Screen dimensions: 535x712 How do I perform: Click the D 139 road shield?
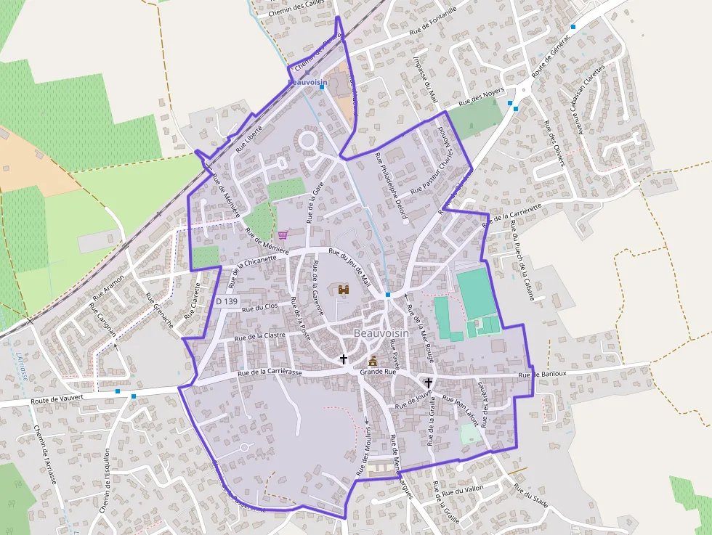227,301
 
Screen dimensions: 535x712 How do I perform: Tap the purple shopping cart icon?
283,234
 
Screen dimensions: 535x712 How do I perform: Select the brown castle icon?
344,290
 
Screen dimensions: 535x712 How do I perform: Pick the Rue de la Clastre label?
259,336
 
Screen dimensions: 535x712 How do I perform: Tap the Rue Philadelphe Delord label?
391,186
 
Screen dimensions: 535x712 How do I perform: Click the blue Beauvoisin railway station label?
308,83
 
